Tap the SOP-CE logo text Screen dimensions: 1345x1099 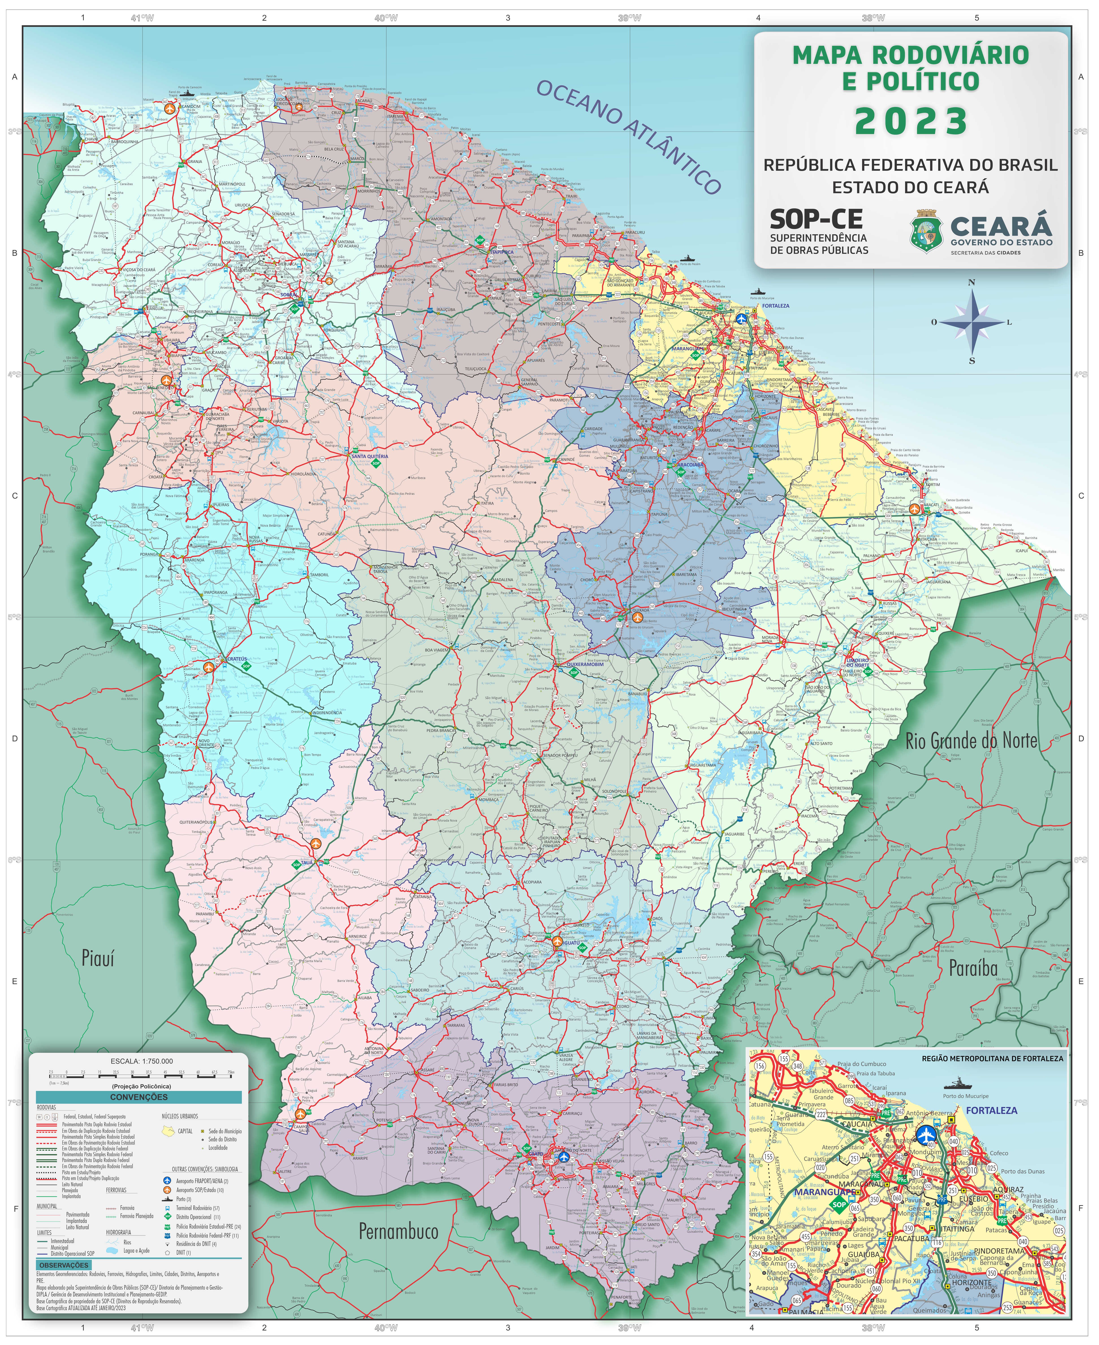[x=816, y=220]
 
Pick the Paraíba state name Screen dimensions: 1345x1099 [x=973, y=968]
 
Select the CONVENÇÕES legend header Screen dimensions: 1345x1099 [x=139, y=1097]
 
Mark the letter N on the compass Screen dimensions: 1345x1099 [x=972, y=282]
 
